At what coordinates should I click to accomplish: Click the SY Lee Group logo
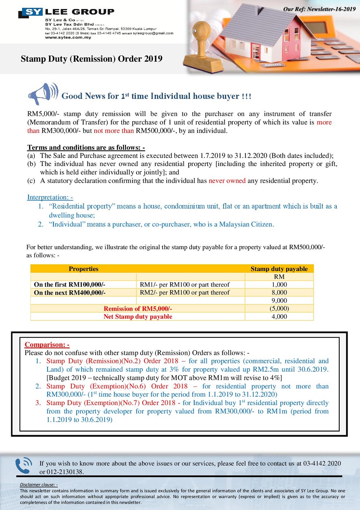click(66, 12)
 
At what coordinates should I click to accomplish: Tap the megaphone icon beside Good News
click(43, 94)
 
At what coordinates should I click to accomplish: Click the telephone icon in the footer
click(24, 466)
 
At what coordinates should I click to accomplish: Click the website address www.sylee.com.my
click(68, 37)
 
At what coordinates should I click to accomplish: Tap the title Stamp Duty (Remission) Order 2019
click(91, 59)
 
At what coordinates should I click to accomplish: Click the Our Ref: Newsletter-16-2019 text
click(319, 9)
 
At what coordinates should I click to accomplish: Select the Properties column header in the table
click(83, 269)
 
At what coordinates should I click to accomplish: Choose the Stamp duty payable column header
click(279, 269)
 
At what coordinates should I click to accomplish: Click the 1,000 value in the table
click(279, 284)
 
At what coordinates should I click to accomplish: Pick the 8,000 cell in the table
click(279, 292)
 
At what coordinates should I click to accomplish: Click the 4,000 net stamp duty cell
click(279, 316)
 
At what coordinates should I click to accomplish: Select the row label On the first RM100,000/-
click(70, 284)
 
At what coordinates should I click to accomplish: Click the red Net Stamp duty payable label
click(138, 316)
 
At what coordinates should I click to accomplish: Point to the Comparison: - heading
click(47, 345)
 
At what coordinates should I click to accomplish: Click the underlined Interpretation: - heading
click(50, 197)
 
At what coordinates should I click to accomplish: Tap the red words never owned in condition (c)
click(227, 181)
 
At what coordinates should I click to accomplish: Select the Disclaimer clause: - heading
click(39, 485)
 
